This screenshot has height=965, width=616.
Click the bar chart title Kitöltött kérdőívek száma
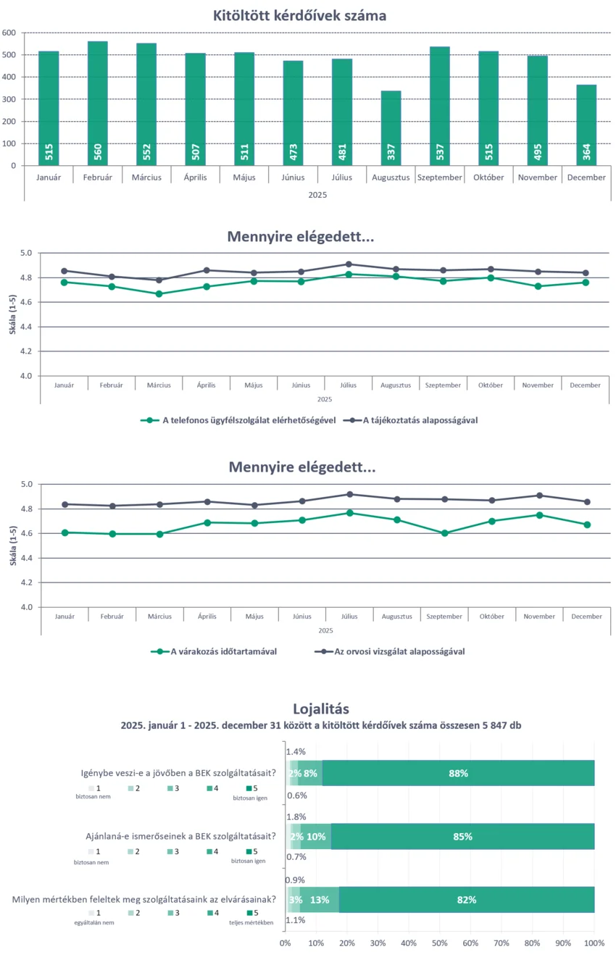(x=299, y=15)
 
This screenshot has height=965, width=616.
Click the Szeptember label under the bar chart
(x=440, y=177)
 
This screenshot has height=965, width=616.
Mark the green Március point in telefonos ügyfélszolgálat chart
(x=159, y=294)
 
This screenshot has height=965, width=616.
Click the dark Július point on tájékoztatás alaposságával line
(x=349, y=264)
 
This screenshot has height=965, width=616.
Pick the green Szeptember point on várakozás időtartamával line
(x=445, y=533)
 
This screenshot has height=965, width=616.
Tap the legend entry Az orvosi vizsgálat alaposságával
(x=399, y=651)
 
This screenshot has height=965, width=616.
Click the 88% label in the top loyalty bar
(x=458, y=773)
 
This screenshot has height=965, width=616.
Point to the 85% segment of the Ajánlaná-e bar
(x=462, y=837)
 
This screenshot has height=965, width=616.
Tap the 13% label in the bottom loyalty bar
(x=319, y=900)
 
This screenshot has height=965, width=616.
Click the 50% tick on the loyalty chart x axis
(x=440, y=943)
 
